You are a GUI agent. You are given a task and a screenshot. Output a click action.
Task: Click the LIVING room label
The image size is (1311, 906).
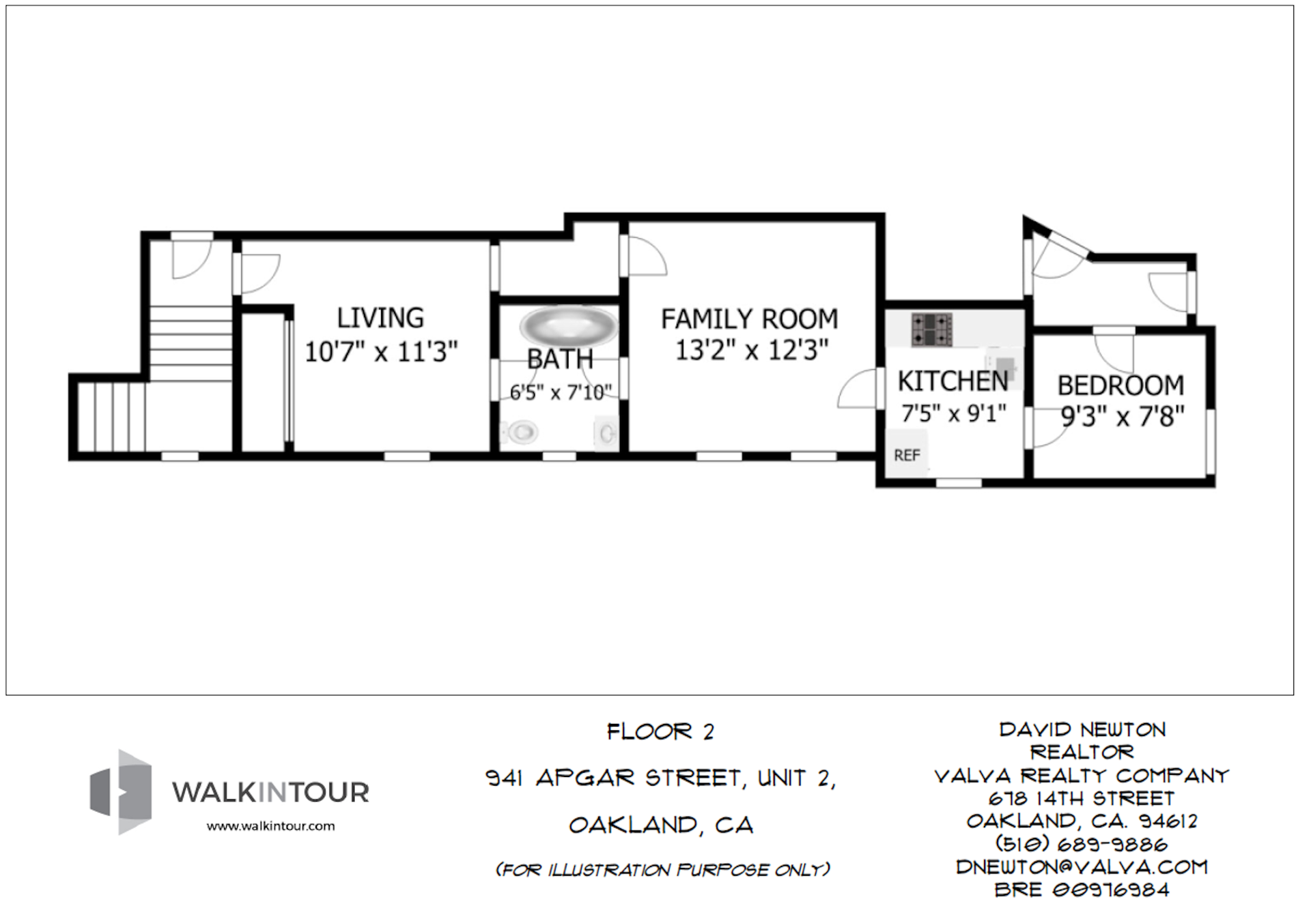380,318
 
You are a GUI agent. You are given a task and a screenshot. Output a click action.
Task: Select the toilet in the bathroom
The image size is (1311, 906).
522,431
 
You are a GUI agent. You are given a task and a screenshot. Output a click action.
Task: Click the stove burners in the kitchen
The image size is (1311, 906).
931,329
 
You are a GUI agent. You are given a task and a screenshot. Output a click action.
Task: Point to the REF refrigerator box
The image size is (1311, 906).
907,455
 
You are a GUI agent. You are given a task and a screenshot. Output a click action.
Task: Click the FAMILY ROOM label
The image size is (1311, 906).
749,319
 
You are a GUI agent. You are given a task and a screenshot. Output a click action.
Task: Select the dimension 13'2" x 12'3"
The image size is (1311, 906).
751,351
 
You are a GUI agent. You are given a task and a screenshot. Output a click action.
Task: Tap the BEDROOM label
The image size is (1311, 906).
1120,385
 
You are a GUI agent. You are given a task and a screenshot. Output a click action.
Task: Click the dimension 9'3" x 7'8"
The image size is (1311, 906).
1122,415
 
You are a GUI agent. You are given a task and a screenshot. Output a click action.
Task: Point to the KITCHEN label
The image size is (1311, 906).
953,381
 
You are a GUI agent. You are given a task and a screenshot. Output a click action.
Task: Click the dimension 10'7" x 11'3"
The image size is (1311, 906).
380,352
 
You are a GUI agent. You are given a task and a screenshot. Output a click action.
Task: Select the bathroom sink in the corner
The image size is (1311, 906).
606,433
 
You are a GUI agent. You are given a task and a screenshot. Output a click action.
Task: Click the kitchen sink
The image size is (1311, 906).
1004,366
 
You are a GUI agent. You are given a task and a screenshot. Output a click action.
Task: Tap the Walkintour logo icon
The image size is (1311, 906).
121,791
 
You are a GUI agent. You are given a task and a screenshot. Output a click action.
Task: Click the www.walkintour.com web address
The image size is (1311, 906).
270,826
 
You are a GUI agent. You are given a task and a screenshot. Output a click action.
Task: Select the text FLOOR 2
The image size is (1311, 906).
660,732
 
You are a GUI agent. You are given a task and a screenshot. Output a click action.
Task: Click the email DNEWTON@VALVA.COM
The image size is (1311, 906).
1082,867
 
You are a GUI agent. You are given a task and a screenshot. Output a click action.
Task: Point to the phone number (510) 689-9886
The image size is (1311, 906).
1082,845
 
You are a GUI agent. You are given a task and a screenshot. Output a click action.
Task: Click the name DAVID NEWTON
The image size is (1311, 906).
1082,730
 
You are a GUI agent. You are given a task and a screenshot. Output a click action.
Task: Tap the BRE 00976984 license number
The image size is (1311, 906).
1082,890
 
